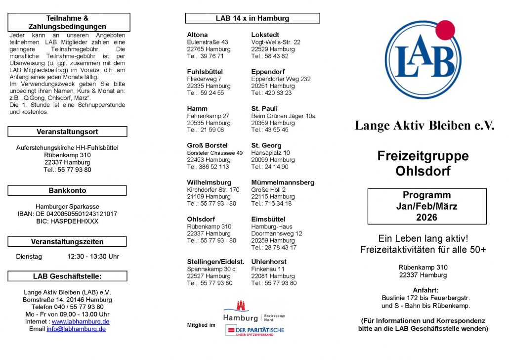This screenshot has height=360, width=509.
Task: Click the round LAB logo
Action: pos(423,60)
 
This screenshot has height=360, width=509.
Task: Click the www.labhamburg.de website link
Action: pos(81,321)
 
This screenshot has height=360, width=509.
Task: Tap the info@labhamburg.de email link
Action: pos(76,329)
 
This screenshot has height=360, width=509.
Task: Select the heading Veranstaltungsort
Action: pos(67,132)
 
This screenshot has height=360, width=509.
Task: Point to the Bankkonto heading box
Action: pos(67,190)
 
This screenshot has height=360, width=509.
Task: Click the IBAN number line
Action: pos(67,214)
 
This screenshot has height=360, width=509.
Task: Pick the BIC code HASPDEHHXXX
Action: pos(67,221)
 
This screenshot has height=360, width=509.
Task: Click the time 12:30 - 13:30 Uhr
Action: pos(93,257)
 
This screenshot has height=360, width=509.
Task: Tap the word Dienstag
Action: pos(29,257)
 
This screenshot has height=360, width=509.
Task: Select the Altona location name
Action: pos(197,35)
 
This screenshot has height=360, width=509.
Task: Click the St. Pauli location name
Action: pos(264,109)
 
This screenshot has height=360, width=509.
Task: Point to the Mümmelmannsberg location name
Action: pos(282,182)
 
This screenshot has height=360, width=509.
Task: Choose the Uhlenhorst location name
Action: pos(269,262)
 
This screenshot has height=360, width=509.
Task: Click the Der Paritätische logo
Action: pos(255,330)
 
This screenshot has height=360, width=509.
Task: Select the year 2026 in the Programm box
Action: pos(426,217)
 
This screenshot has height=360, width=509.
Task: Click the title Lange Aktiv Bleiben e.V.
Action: pos(424,126)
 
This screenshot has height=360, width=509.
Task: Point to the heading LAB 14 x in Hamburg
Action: pos(252,18)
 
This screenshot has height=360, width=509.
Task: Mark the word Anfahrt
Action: pos(425,290)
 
